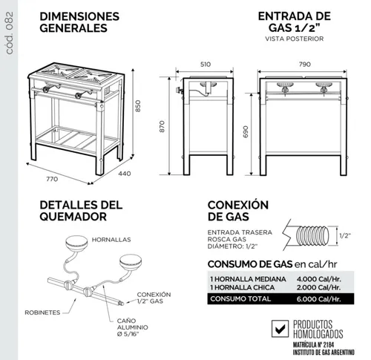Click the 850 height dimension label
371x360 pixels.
pyautogui.click(x=138, y=105)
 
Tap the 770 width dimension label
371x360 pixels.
pyautogui.click(x=52, y=179)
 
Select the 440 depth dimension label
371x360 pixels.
pyautogui.click(x=125, y=174)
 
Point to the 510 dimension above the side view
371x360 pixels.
pyautogui.click(x=206, y=65)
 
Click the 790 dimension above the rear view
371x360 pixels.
pyautogui.click(x=305, y=65)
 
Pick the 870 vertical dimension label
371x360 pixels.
pyautogui.click(x=162, y=126)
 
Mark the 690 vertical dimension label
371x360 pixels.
pyautogui.click(x=246, y=131)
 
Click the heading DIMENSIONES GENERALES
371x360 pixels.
pyautogui.click(x=79, y=22)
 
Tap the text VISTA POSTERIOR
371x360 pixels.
pyautogui.click(x=295, y=39)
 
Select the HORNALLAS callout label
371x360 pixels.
pyautogui.click(x=111, y=240)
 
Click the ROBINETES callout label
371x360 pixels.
pyautogui.click(x=42, y=312)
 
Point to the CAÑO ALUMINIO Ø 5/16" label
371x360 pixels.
pyautogui.click(x=133, y=327)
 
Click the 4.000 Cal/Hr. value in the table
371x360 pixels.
pyautogui.click(x=319, y=279)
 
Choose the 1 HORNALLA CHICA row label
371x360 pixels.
pyautogui.click(x=243, y=287)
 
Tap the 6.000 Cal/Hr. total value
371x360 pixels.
pyautogui.click(x=319, y=299)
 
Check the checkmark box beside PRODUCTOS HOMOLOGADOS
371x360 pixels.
pyautogui.click(x=280, y=329)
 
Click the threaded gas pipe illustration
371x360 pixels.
pyautogui.click(x=312, y=235)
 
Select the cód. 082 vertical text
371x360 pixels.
pyautogui.click(x=9, y=33)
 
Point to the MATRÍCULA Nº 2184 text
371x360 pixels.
pyautogui.click(x=314, y=344)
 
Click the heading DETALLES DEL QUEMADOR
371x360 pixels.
pyautogui.click(x=81, y=211)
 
